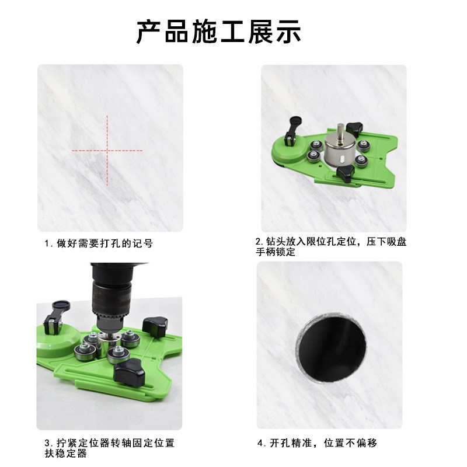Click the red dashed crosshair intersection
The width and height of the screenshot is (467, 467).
[x=107, y=151]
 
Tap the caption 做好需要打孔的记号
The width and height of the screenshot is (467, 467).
[x=102, y=243]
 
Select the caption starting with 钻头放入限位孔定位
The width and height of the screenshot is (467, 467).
[x=330, y=242]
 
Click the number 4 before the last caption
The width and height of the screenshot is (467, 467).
[x=260, y=444]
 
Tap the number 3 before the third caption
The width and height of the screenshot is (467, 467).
[x=47, y=444]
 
